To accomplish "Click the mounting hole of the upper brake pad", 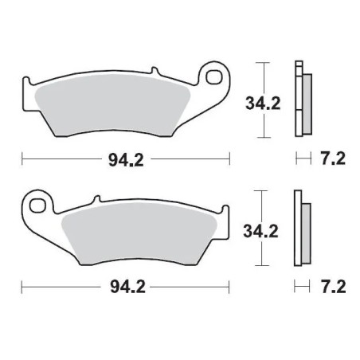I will point(213,77).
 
